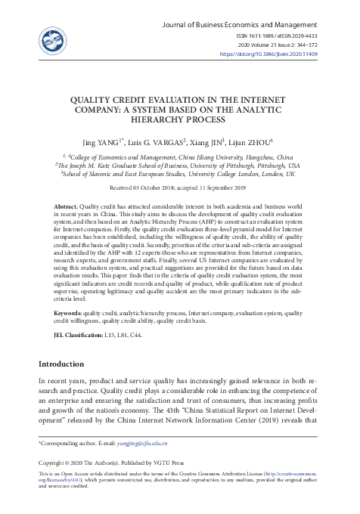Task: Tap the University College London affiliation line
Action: [x=179, y=173]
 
